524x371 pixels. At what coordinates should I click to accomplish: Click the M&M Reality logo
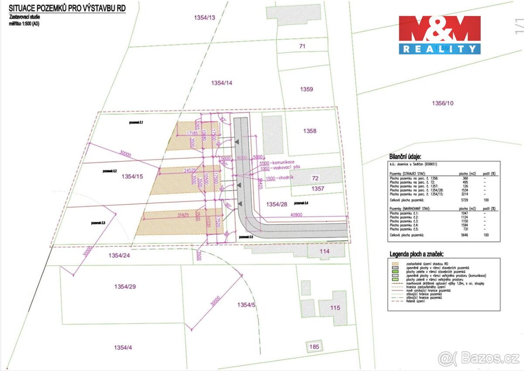click(x=439, y=35)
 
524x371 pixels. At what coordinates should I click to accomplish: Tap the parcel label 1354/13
click(x=204, y=17)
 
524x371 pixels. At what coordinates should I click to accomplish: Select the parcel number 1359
click(x=307, y=89)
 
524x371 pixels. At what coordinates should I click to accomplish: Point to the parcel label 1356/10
click(x=443, y=103)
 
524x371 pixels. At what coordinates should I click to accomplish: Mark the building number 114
click(x=324, y=251)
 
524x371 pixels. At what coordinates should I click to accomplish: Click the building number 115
click(x=335, y=308)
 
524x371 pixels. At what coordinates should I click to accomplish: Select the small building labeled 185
click(x=314, y=347)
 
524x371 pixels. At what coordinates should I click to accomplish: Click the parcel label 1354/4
click(x=123, y=347)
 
